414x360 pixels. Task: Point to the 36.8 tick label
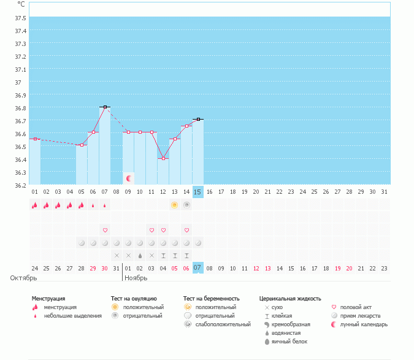[20, 108]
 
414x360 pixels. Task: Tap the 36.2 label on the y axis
[20, 185]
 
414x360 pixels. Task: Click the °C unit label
[21, 4]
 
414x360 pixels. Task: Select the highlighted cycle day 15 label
[197, 192]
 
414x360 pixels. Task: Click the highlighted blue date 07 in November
[197, 268]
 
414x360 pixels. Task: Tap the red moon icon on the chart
[129, 178]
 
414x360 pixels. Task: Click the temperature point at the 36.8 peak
[105, 107]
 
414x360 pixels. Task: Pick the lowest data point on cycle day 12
[163, 158]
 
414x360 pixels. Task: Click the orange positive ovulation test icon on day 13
[175, 205]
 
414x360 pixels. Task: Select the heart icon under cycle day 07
[105, 230]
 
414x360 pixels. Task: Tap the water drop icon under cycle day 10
[140, 255]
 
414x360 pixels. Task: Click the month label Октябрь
[19, 278]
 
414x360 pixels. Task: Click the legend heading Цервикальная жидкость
[290, 299]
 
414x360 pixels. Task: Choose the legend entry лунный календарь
[364, 324]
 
